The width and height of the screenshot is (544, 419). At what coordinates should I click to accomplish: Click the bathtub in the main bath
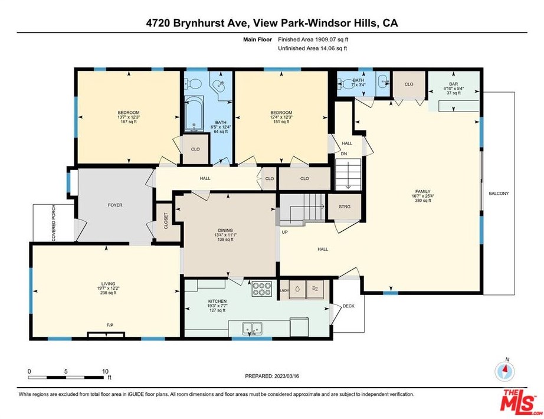(x=194, y=114)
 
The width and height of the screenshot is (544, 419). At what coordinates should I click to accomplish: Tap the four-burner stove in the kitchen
(x=262, y=289)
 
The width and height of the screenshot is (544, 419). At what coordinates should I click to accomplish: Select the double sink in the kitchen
(x=252, y=328)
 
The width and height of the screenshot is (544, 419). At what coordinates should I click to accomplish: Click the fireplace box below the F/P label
(x=106, y=335)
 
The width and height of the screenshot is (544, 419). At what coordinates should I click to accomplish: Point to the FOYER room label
(x=115, y=205)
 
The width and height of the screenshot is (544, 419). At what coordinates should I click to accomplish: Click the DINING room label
(x=225, y=231)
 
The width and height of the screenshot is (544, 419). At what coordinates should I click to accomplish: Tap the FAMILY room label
(x=423, y=191)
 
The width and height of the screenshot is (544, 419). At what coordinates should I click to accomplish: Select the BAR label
(x=454, y=84)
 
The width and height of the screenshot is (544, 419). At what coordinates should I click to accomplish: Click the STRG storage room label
(x=345, y=207)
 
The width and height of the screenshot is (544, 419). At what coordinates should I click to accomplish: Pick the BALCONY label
(x=499, y=194)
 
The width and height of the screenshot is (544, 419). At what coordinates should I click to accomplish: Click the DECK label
(x=349, y=306)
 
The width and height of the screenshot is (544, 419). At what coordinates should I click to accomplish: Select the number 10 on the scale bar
(x=105, y=371)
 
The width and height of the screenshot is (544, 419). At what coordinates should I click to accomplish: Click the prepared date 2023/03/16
(x=287, y=376)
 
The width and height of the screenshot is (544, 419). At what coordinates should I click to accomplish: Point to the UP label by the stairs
(x=285, y=232)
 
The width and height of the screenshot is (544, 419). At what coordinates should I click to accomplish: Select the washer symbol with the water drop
(x=298, y=289)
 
